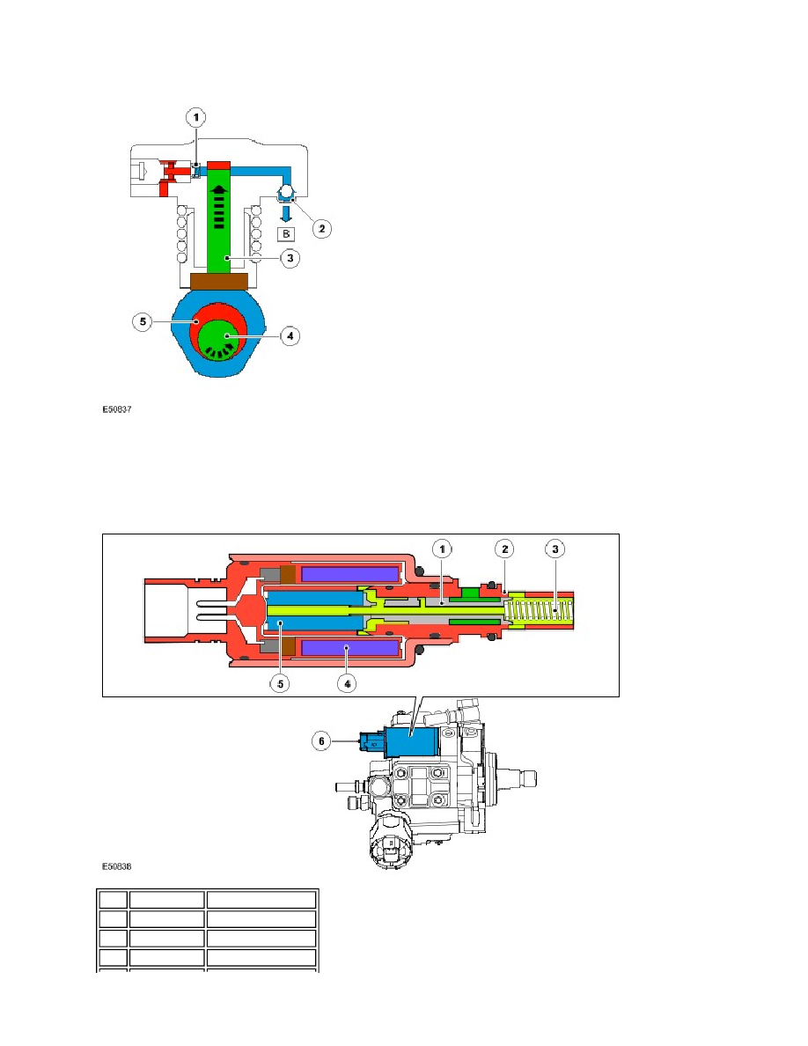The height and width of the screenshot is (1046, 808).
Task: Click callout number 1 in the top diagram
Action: (x=196, y=117)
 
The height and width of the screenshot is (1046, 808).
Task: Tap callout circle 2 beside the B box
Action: (x=322, y=229)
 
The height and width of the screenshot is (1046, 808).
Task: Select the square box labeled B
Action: (x=286, y=233)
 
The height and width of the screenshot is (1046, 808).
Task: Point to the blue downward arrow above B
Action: (x=286, y=213)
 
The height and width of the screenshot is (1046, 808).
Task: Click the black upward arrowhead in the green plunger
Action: (x=218, y=190)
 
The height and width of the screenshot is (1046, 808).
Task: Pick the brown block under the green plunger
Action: (x=219, y=281)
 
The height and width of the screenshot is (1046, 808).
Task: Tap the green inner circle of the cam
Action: (x=221, y=339)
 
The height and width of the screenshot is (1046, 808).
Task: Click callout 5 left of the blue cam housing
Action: (x=143, y=321)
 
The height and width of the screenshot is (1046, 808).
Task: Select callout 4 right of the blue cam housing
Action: (x=290, y=335)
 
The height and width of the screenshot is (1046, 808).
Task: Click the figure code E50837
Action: (x=117, y=409)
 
